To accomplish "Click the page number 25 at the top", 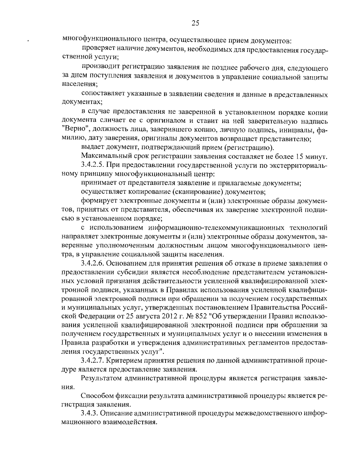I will [195, 23].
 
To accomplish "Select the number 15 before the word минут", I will [300, 156].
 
